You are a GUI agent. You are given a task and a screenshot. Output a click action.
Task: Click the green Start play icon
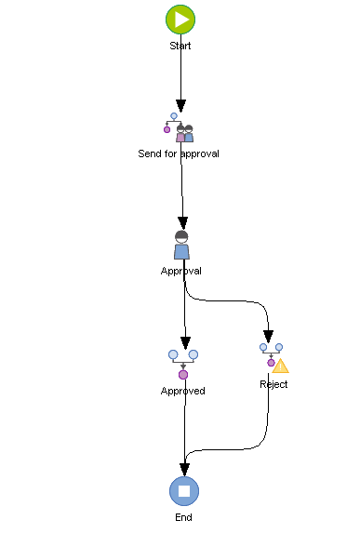pyautogui.click(x=180, y=19)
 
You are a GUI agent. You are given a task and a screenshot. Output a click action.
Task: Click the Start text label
pyautogui.click(x=180, y=45)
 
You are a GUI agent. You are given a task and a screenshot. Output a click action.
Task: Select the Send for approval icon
pyautogui.click(x=179, y=128)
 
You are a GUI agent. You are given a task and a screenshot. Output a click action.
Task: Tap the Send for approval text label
pyautogui.click(x=179, y=153)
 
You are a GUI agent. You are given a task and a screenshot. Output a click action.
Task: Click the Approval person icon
pyautogui.click(x=181, y=246)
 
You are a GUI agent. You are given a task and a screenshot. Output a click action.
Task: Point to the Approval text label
pyautogui.click(x=181, y=271)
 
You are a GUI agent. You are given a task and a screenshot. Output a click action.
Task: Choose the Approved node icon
pyautogui.click(x=183, y=364)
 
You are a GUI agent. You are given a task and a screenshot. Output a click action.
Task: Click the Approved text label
pyautogui.click(x=183, y=391)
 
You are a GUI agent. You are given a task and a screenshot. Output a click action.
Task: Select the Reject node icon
pyautogui.click(x=273, y=357)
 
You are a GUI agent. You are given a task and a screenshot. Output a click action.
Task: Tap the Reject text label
pyautogui.click(x=273, y=384)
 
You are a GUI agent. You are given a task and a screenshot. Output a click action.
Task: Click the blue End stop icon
pyautogui.click(x=184, y=490)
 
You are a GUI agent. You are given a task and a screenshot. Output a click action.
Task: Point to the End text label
pyautogui.click(x=184, y=517)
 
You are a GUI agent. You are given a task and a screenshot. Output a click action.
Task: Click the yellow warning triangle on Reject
pyautogui.click(x=280, y=366)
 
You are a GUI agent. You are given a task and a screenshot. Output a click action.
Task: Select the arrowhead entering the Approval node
pyautogui.click(x=182, y=223)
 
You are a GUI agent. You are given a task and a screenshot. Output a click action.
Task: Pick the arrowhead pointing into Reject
pyautogui.click(x=269, y=336)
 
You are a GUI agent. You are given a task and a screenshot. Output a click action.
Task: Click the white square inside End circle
pyautogui.click(x=184, y=490)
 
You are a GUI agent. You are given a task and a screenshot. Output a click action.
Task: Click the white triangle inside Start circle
pyautogui.click(x=181, y=19)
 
